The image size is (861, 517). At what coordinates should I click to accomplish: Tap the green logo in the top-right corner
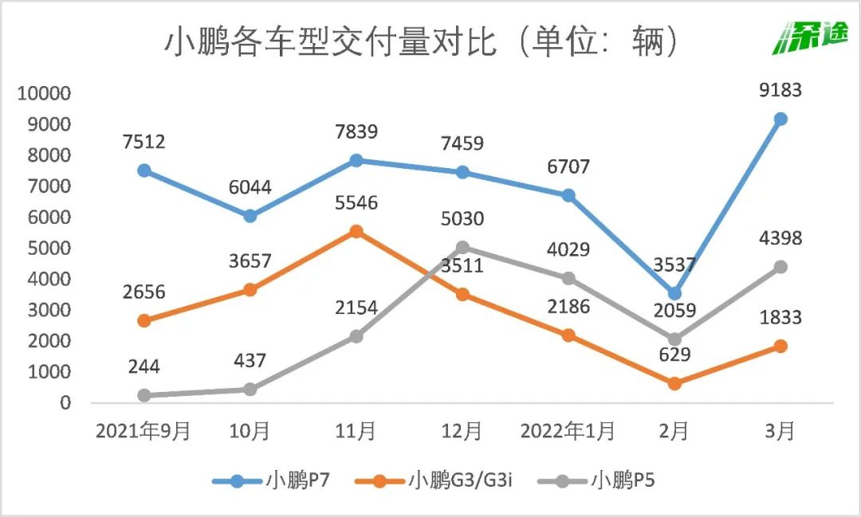[x=811, y=37]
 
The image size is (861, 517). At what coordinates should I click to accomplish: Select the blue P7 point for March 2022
[x=780, y=119]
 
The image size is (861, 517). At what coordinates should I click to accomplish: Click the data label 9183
[x=780, y=90]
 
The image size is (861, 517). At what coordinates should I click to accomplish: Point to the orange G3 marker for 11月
[x=356, y=232]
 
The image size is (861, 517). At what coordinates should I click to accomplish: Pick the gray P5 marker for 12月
[x=462, y=247]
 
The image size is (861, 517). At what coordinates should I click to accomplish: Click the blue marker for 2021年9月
[x=144, y=170]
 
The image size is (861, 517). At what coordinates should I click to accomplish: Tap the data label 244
[x=144, y=366]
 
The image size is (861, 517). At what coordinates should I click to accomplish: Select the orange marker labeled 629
[x=674, y=383]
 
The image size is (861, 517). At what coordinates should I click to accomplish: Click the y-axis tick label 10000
[x=45, y=93]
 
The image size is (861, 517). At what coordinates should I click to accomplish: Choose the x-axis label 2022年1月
[x=568, y=432]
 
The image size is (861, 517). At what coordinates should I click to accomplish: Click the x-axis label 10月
[x=250, y=432]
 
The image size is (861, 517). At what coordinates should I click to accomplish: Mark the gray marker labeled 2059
[x=674, y=339]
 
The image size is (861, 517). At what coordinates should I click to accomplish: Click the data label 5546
[x=356, y=202]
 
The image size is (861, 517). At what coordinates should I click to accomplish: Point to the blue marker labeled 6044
[x=250, y=216]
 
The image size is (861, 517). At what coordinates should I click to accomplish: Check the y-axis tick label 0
[x=66, y=403]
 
